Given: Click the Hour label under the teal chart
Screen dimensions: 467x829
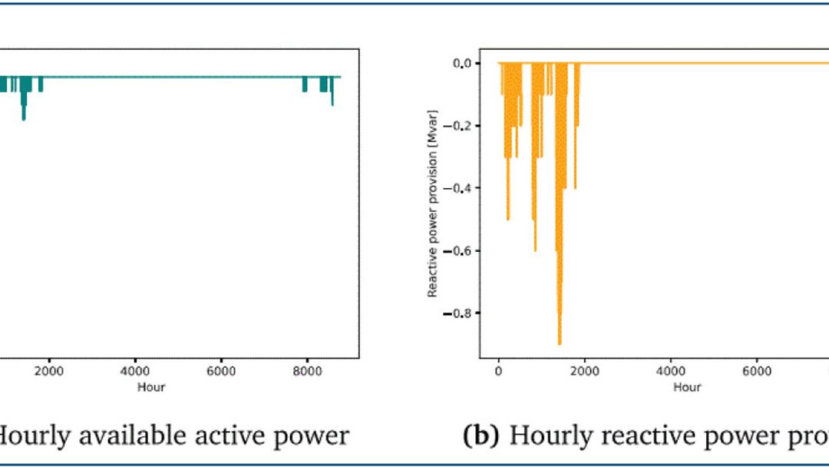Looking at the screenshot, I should (x=151, y=387).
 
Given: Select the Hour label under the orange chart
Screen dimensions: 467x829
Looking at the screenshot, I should (x=687, y=387).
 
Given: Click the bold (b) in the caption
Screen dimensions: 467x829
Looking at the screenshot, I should (x=483, y=436).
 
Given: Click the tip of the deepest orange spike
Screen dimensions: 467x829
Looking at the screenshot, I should (x=560, y=343).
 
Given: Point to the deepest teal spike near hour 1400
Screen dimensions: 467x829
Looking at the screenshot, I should (x=24, y=118).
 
